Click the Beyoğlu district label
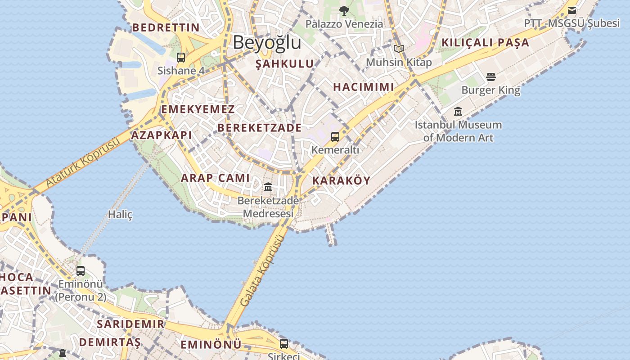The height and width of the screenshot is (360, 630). pos(267,42)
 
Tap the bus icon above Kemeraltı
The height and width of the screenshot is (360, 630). pos(335,136)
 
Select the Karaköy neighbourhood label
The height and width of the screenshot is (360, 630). pos(341,181)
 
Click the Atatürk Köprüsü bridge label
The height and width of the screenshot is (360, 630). pos(83,163)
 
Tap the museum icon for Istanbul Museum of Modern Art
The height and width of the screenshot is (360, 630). pos(458,111)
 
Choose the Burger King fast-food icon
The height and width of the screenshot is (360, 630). pos(491,77)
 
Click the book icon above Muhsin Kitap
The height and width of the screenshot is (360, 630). pos(399,49)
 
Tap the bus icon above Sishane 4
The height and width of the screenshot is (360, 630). pos(181,57)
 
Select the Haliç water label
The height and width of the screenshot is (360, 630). pos(120,215)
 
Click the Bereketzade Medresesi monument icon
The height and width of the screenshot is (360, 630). pos(268,187)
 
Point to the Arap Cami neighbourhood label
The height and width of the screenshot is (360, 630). pos(215,178)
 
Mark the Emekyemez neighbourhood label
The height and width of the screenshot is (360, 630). pos(198,109)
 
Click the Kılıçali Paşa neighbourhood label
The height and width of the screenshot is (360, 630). pos(486,43)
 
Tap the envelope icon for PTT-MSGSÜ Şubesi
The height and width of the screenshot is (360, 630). pos(572,10)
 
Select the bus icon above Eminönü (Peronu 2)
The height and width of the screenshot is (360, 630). pos(81,271)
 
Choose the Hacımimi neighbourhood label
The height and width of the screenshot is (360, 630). pos(364,87)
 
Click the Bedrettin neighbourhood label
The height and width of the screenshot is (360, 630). pos(166,27)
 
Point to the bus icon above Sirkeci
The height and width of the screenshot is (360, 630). pos(284,344)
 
